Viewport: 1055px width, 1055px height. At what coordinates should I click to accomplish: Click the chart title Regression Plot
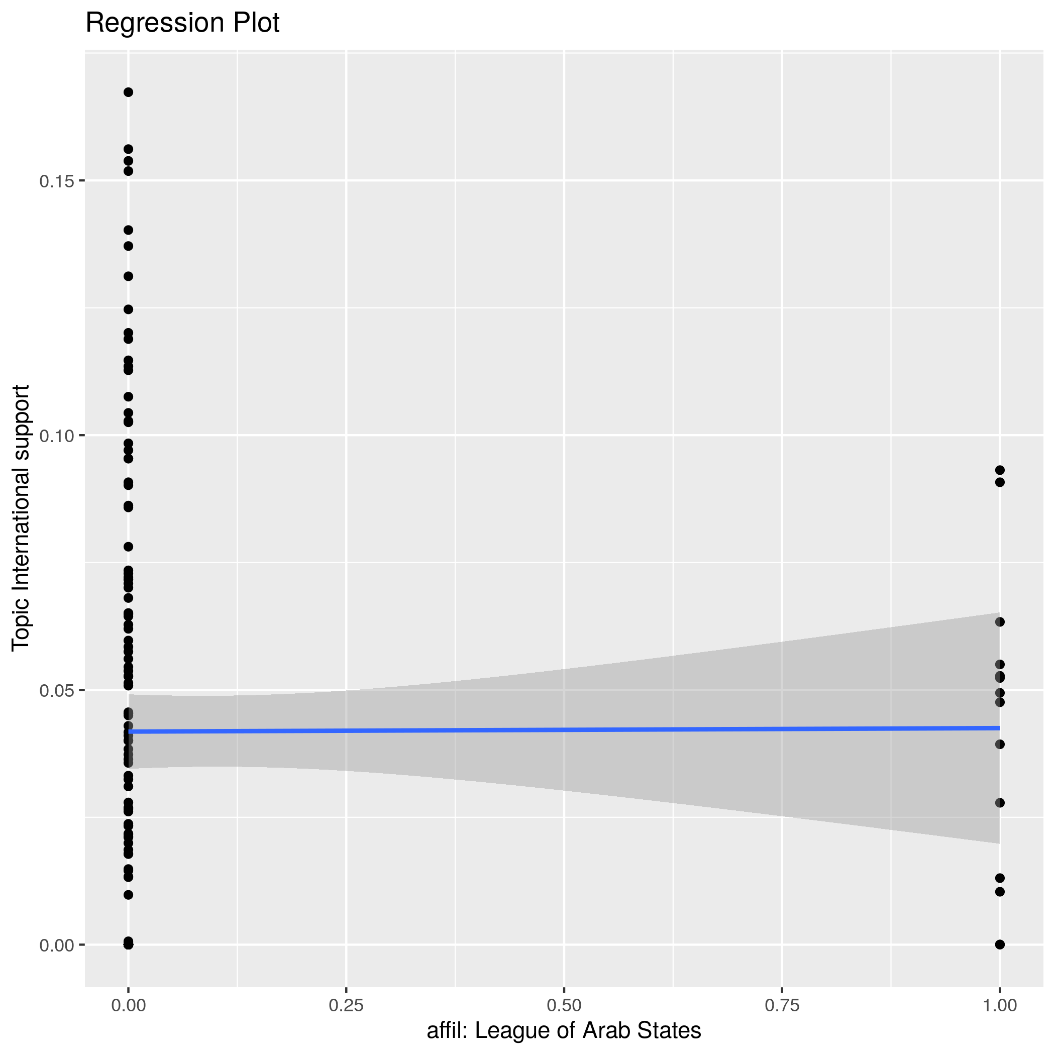pyautogui.click(x=182, y=24)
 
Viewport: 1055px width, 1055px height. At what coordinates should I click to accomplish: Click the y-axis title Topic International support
pyautogui.click(x=21, y=517)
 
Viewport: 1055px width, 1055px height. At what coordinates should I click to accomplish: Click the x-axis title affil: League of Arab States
pyautogui.click(x=564, y=1030)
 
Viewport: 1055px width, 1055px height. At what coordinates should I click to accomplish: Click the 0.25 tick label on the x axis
pyautogui.click(x=346, y=1006)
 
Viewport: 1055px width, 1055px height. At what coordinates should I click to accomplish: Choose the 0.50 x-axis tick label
pyautogui.click(x=564, y=1006)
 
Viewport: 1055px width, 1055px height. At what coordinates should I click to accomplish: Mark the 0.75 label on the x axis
pyautogui.click(x=782, y=1006)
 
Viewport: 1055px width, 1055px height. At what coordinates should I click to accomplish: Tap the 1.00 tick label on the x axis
pyautogui.click(x=999, y=1006)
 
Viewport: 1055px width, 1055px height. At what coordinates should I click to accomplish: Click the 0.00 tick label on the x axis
pyautogui.click(x=128, y=1006)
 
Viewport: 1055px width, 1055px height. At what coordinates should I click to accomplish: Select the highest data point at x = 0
pyautogui.click(x=128, y=92)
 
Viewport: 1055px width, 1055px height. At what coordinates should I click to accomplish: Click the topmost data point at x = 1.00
pyautogui.click(x=1000, y=470)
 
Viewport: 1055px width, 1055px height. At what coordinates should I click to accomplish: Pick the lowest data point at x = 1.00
pyautogui.click(x=1000, y=944)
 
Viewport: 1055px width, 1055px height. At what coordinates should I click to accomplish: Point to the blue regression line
pyautogui.click(x=564, y=729)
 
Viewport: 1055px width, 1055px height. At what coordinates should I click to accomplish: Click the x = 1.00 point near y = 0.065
pyautogui.click(x=1000, y=622)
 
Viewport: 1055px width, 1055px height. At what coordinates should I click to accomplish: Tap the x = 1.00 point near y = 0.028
pyautogui.click(x=1000, y=803)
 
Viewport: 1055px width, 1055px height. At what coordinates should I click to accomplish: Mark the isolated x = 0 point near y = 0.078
pyautogui.click(x=128, y=547)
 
